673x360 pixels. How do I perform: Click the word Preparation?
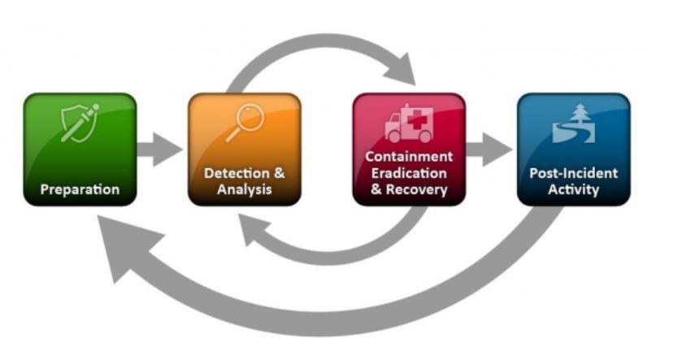[80, 190]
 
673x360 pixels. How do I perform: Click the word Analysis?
[244, 190]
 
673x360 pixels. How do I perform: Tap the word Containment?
[409, 156]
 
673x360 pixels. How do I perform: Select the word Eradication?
[409, 173]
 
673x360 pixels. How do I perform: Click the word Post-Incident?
[574, 174]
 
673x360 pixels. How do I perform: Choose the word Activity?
[574, 190]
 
